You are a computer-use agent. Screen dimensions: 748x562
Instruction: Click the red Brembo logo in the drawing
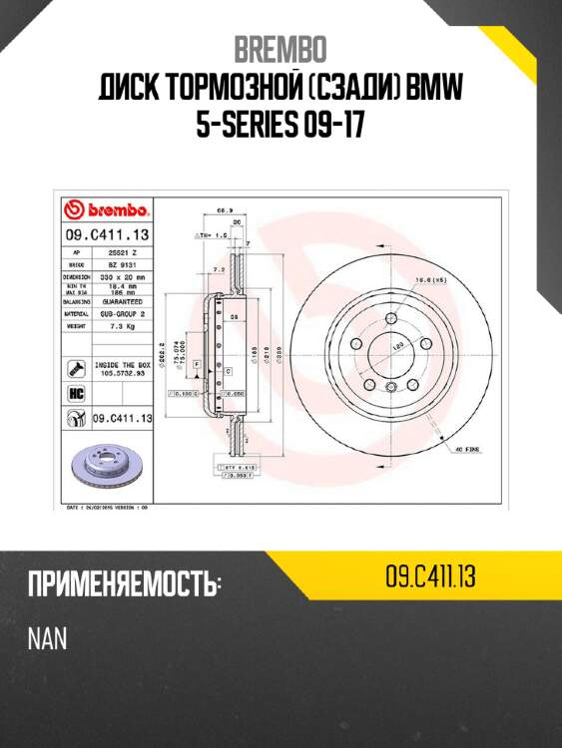[107, 209]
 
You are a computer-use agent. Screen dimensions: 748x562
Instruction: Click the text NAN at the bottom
[46, 638]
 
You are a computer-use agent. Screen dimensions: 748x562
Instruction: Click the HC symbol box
[75, 393]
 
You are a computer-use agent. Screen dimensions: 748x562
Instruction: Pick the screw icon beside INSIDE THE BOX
[75, 369]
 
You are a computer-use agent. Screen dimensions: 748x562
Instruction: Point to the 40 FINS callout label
[468, 450]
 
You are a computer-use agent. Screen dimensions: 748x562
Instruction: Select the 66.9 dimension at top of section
[225, 210]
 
